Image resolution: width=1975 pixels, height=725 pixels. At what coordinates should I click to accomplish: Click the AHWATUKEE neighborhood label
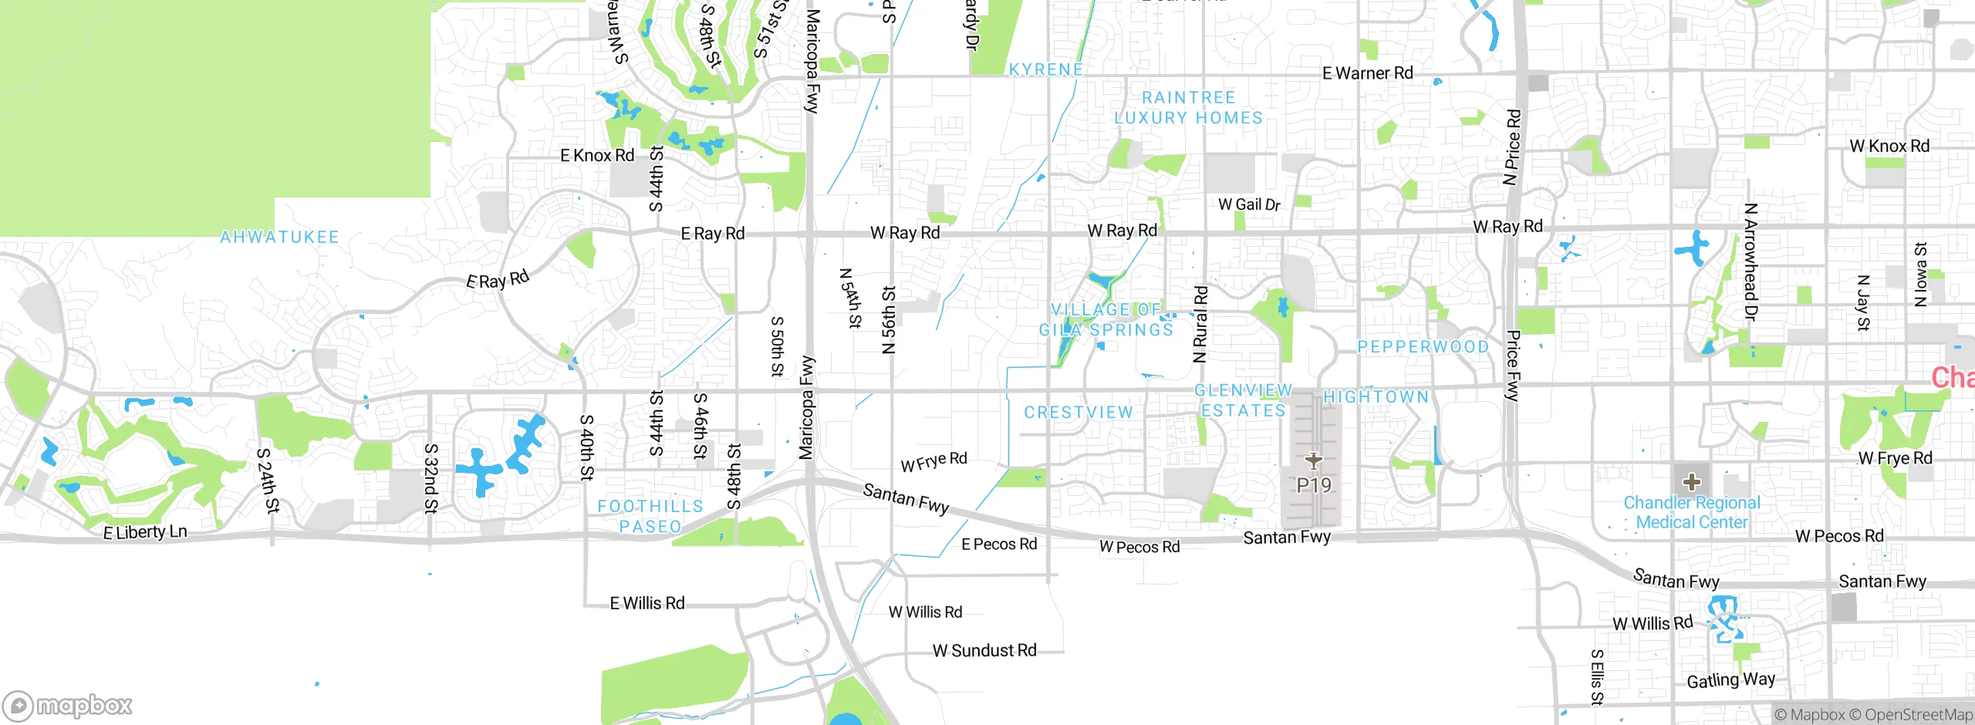pyautogui.click(x=279, y=237)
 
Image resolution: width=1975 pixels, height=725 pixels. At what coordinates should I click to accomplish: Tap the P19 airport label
pyautogui.click(x=1313, y=485)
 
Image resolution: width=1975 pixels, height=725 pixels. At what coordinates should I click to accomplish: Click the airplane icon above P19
pyautogui.click(x=1313, y=461)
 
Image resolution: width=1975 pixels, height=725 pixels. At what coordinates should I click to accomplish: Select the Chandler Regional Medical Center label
pyautogui.click(x=1692, y=513)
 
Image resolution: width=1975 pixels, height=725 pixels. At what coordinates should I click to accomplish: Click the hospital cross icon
pyautogui.click(x=1692, y=483)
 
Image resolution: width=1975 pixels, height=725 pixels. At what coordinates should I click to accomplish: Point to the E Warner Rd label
pyautogui.click(x=1367, y=73)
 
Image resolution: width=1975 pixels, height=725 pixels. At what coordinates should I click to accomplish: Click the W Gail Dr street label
pyautogui.click(x=1248, y=204)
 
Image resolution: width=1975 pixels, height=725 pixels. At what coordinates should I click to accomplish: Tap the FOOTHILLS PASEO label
pyautogui.click(x=650, y=516)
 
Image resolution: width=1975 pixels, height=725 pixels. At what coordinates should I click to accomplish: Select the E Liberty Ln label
pyautogui.click(x=145, y=532)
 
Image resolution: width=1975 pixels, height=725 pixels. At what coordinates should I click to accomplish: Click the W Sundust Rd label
pyautogui.click(x=984, y=651)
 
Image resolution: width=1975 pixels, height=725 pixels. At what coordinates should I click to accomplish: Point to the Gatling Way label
pyautogui.click(x=1730, y=680)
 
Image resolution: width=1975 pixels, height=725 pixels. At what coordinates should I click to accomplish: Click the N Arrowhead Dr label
pyautogui.click(x=1750, y=262)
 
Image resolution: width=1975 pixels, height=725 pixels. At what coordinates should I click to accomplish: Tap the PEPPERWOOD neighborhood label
pyautogui.click(x=1423, y=347)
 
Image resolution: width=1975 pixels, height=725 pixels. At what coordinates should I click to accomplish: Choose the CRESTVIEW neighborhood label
pyautogui.click(x=1079, y=413)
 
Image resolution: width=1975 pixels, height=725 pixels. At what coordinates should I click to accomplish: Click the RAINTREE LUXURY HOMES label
pyautogui.click(x=1188, y=108)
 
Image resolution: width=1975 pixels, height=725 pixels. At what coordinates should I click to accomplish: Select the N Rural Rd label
pyautogui.click(x=1200, y=324)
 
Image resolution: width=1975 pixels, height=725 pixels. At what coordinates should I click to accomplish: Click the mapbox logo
pyautogui.click(x=68, y=706)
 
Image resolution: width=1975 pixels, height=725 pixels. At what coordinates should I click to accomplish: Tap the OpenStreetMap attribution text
pyautogui.click(x=1918, y=715)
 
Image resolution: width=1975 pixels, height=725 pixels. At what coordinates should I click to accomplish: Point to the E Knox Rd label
pyautogui.click(x=597, y=155)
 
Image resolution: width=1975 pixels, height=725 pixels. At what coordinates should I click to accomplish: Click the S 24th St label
pyautogui.click(x=267, y=481)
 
